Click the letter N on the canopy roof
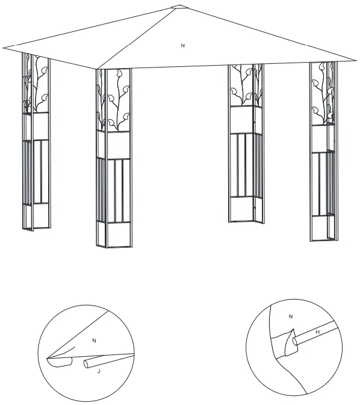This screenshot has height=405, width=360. [x=182, y=45]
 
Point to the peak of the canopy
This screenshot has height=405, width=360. [x=178, y=7]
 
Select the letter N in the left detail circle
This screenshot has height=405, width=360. [x=94, y=341]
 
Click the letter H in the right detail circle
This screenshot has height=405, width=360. [x=317, y=332]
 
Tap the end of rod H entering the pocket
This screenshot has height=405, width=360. [x=294, y=342]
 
